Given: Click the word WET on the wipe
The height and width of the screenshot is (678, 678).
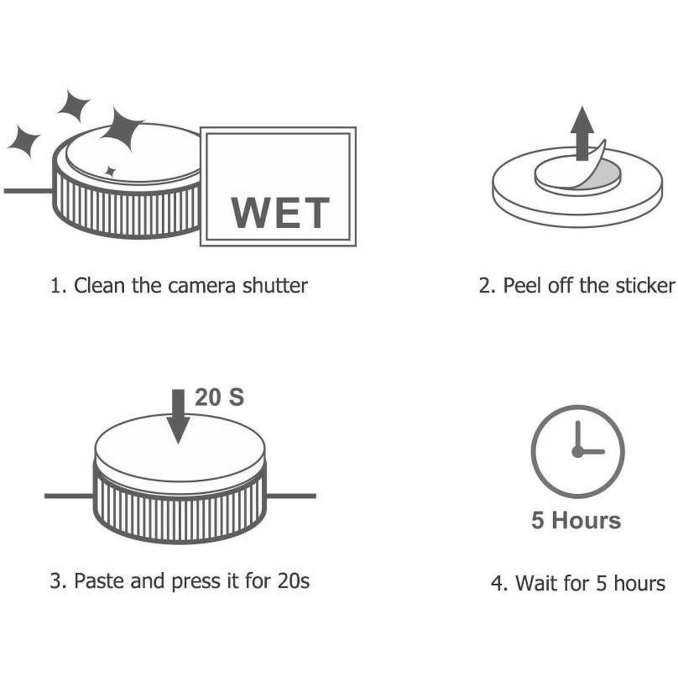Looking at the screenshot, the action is [280, 212].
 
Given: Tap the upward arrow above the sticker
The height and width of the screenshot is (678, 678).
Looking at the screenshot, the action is [583, 134].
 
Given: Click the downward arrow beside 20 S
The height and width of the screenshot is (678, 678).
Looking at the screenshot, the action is [179, 416].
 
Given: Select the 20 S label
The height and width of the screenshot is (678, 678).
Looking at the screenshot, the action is [219, 398].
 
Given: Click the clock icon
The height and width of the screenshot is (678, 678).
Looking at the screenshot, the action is [577, 452].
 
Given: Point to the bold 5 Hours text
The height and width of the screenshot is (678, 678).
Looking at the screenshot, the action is [576, 520].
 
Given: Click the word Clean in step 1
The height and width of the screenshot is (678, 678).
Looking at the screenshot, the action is [99, 285].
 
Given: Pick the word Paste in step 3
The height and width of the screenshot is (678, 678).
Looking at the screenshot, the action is [99, 581].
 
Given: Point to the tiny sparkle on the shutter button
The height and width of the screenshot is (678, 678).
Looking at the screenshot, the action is [111, 172].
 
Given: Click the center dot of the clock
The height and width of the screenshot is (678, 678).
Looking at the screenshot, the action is [577, 452].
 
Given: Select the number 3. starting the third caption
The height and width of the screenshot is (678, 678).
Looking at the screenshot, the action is [58, 581].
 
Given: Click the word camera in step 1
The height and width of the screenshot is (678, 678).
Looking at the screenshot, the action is [201, 286].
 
